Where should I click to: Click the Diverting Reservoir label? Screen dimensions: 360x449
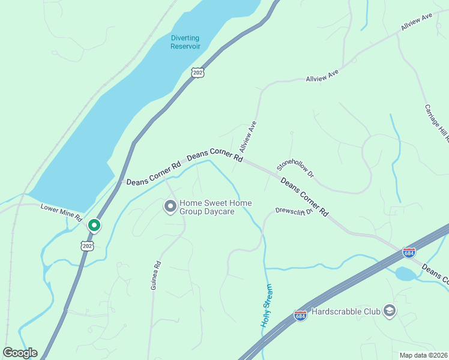pos(185,42)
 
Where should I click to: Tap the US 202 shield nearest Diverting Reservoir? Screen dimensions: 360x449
pos(198,72)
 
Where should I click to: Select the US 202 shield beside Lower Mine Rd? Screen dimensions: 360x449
pos(88,246)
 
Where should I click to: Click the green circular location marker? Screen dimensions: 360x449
pos(94,226)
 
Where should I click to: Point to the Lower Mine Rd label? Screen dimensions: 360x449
pos(61,212)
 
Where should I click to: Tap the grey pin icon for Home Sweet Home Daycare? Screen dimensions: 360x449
pos(170,207)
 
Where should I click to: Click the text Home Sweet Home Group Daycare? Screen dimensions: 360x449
pos(215,208)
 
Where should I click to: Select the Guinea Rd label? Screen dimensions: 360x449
pos(156,275)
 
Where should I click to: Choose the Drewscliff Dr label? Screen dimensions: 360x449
pos(294,211)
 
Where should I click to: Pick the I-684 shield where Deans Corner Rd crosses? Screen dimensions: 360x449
pos(409,253)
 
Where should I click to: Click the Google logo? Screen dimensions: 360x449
pos(20,353)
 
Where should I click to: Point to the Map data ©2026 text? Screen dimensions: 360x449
pos(423,355)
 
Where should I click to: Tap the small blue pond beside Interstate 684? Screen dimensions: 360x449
pos(405,274)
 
